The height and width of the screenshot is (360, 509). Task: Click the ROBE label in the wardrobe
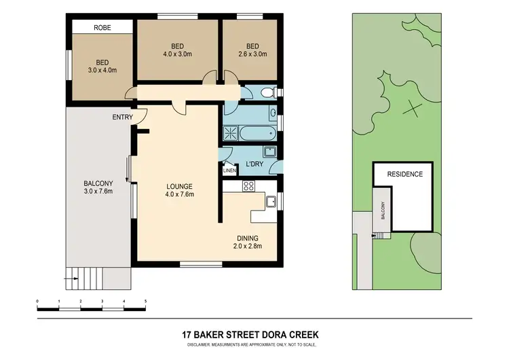pyautogui.click(x=102, y=27)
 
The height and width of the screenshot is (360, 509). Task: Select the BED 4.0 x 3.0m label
pyautogui.click(x=178, y=50)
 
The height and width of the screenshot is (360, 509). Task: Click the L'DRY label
pyautogui.click(x=254, y=164)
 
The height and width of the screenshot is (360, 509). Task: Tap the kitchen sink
pyautogui.click(x=270, y=201)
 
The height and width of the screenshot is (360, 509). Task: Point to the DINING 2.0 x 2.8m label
pyautogui.click(x=250, y=242)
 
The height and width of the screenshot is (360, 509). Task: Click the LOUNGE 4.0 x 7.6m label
pyautogui.click(x=181, y=190)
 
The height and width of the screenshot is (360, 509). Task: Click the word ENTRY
pyautogui.click(x=123, y=118)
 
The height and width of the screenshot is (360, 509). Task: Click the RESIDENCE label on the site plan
pyautogui.click(x=404, y=174)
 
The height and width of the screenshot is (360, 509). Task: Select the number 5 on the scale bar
pyautogui.click(x=145, y=300)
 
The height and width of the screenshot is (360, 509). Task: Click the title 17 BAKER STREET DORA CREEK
pyautogui.click(x=250, y=335)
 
